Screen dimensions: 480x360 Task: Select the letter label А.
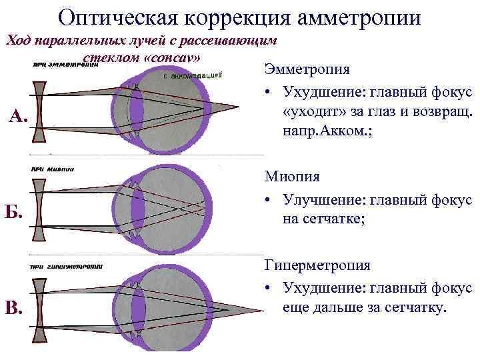click(x=18, y=118)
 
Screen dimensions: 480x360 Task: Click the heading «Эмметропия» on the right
click(x=307, y=69)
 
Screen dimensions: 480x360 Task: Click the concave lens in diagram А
click(x=39, y=111)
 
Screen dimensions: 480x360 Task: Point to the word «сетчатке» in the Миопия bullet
click(x=323, y=219)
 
